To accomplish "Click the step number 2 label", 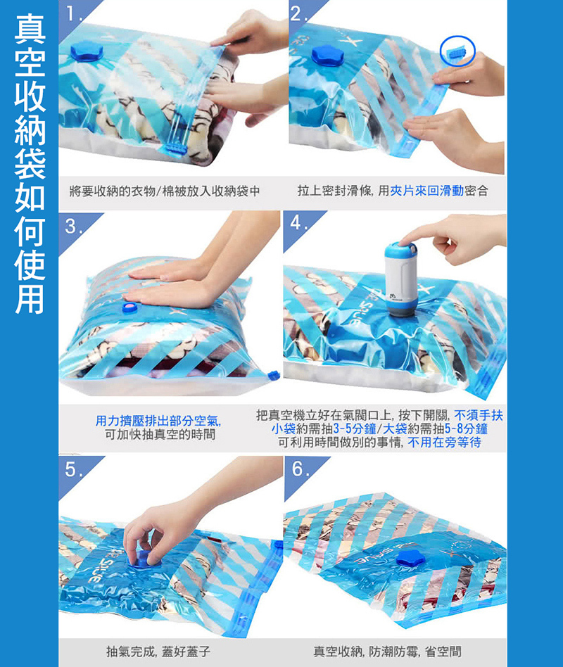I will (298, 12).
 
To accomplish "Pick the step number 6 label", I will (299, 470).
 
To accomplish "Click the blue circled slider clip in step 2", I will (457, 51).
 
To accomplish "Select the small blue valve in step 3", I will (129, 307).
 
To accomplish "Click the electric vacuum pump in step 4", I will (399, 279).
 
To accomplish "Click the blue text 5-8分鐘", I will (461, 429).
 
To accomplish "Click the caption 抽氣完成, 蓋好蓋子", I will (158, 652).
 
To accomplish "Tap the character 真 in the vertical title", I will (28, 30).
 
